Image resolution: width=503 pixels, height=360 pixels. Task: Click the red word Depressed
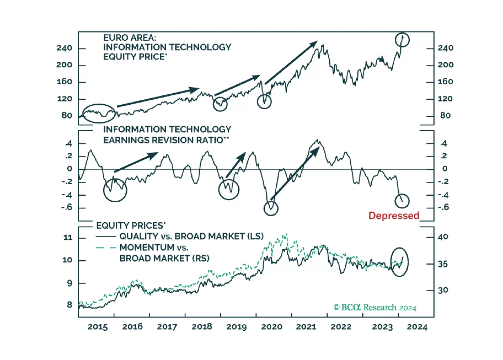[393, 216]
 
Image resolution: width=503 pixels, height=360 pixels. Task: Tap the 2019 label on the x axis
[236, 327]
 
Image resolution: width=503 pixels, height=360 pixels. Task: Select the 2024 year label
[417, 327]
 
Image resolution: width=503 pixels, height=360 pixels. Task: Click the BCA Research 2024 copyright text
[375, 307]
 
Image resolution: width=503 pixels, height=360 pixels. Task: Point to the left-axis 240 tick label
[64, 48]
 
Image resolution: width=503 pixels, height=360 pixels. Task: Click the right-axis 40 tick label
[443, 237]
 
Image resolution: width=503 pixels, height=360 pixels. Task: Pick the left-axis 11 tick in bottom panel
[68, 237]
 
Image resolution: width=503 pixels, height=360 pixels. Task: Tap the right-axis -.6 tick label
[444, 207]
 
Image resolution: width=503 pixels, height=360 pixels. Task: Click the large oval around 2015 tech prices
[99, 113]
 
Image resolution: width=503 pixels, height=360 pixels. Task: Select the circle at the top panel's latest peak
[402, 40]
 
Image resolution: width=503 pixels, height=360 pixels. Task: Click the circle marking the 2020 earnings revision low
[271, 208]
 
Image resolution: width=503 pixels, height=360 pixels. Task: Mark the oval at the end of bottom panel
[399, 262]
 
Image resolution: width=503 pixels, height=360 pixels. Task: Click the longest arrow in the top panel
[158, 98]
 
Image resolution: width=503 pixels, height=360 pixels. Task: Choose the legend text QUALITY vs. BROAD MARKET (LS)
[191, 236]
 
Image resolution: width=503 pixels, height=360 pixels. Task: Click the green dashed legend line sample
[105, 248]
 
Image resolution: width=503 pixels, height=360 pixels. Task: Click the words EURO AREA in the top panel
[129, 38]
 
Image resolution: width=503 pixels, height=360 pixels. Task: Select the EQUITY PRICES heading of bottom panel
[131, 226]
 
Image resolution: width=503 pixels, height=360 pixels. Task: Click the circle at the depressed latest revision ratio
[402, 201]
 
